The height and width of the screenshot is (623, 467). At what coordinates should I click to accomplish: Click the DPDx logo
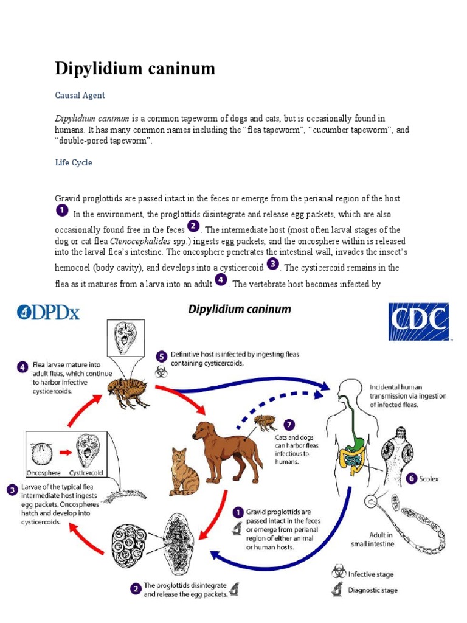pos(49,313)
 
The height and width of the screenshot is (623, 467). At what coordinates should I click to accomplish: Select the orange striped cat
pos(184,472)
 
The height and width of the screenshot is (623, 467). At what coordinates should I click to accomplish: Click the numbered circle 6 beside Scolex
pos(412,478)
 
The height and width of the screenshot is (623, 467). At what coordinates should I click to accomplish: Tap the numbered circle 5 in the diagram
pos(161,356)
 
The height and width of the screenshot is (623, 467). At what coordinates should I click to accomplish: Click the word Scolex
pos(428,479)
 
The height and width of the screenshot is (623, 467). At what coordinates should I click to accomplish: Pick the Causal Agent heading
pos(80,95)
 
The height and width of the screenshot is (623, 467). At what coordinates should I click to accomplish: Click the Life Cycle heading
pos(74,163)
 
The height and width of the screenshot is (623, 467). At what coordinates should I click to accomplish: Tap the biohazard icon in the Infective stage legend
pos(337,571)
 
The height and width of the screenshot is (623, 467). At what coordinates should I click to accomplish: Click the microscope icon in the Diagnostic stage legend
pos(337,590)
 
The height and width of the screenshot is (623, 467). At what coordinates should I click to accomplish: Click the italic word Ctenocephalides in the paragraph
pos(152,240)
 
